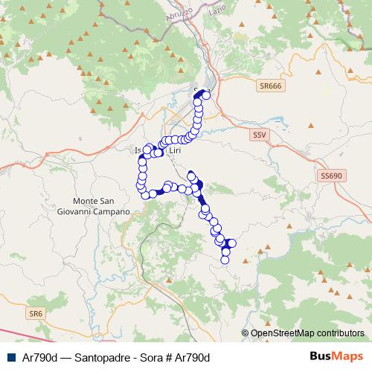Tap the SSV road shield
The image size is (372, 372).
coord(259,135)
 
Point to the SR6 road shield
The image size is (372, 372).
coord(36,314)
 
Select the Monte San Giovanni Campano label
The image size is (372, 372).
coord(102,207)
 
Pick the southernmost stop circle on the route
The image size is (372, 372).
coord(225,260)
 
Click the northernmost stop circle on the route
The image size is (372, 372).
coord(206,94)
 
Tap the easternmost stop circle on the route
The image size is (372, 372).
coord(231,243)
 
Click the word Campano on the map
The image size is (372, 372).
coord(112,212)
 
